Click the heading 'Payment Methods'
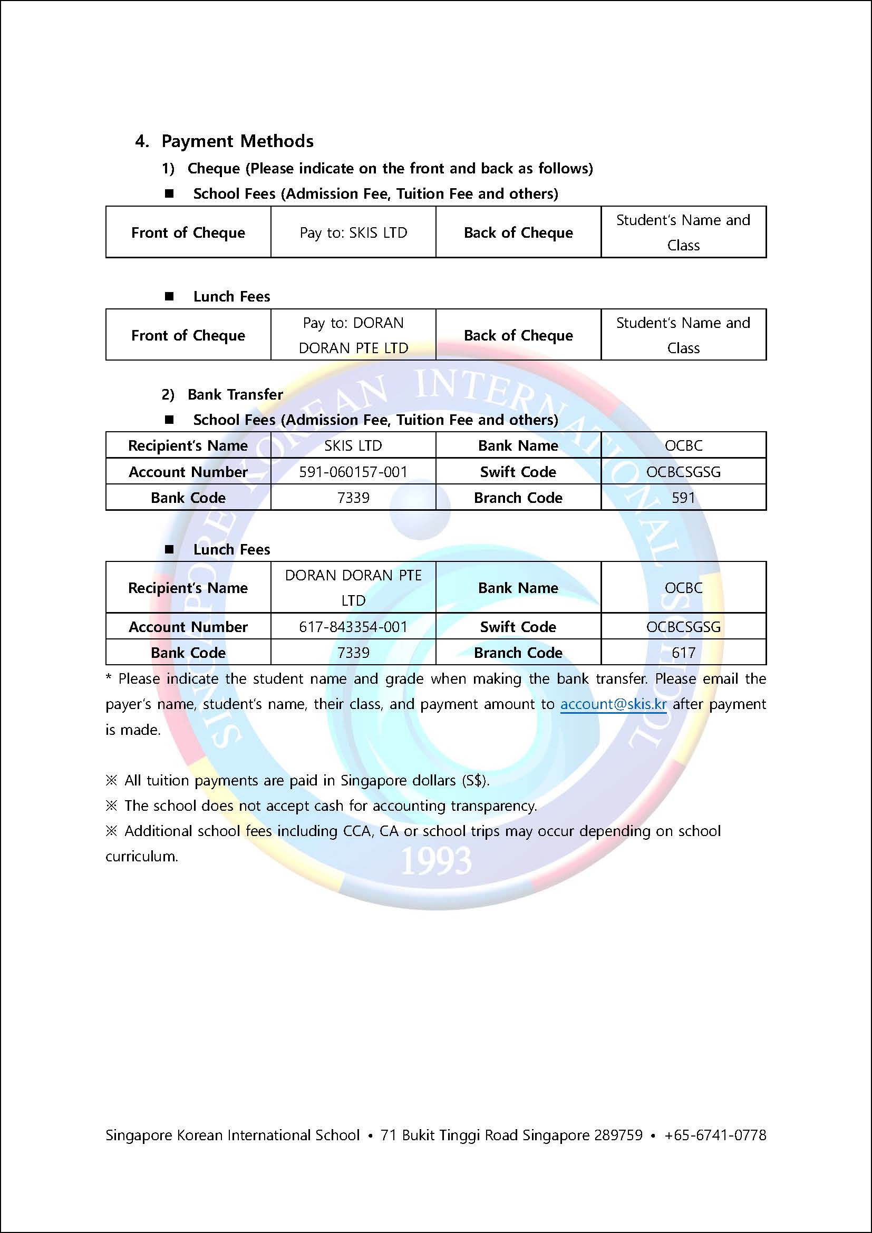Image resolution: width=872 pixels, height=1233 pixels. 237,141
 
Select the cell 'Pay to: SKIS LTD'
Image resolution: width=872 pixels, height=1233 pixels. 353,232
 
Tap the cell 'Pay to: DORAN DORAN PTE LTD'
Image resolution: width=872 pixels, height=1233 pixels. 353,335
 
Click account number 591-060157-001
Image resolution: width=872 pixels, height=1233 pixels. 353,471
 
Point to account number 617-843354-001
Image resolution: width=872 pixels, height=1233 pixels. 353,627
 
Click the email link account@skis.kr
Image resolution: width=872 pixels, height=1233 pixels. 613,704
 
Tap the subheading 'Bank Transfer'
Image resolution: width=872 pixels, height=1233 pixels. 235,394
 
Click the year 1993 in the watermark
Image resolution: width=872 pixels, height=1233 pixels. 435,860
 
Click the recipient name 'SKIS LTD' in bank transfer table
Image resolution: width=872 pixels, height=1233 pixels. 353,446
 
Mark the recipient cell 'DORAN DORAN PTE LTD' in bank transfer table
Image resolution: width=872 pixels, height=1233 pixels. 353,587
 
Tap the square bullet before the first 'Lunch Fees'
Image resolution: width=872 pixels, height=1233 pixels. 169,296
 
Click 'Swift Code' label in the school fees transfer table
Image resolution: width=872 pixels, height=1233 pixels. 518,471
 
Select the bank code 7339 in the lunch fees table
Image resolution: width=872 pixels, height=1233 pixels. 353,653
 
